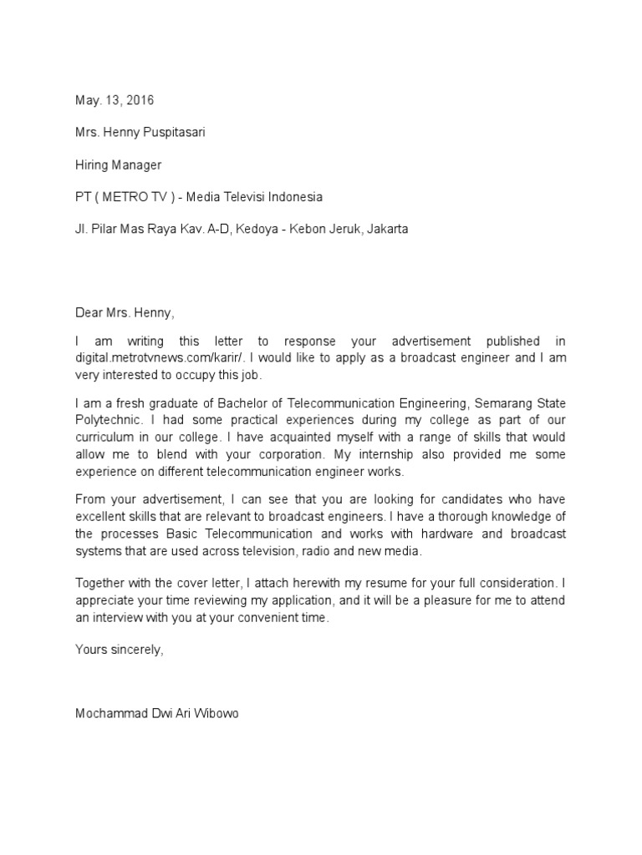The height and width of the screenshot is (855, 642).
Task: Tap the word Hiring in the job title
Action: [92, 165]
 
